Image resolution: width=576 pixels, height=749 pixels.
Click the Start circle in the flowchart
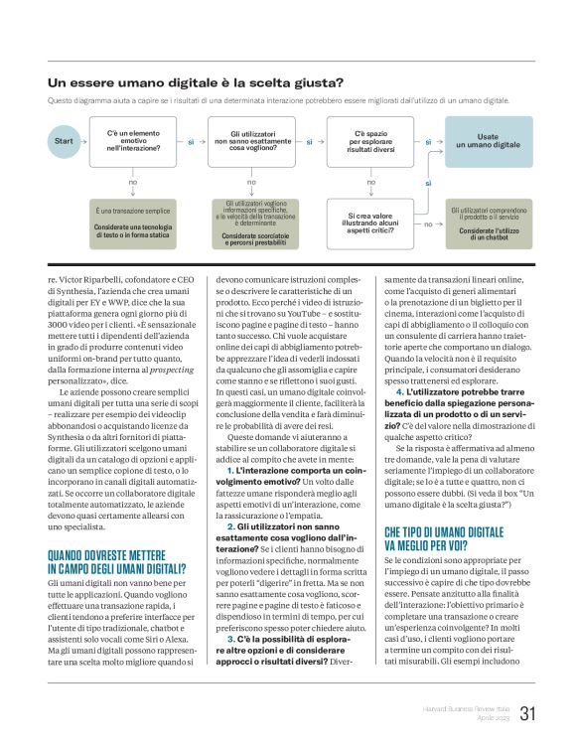[64, 141]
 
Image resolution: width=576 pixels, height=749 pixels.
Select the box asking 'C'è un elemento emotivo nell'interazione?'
[133, 141]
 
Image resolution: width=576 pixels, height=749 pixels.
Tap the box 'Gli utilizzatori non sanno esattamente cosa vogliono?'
[251, 141]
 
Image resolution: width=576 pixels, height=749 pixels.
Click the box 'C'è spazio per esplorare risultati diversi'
[371, 141]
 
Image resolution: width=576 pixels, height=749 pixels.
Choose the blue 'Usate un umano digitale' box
[488, 141]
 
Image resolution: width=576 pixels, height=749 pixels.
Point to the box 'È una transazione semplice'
[133, 220]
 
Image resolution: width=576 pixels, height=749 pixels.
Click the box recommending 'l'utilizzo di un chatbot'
[488, 220]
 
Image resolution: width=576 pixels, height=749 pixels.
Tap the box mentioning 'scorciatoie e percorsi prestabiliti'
[251, 220]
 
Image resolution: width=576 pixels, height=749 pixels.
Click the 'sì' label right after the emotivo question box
[191, 142]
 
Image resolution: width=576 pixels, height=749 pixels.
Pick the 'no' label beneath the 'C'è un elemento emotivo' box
[133, 182]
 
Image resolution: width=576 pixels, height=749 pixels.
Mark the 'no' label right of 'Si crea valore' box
[428, 225]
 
